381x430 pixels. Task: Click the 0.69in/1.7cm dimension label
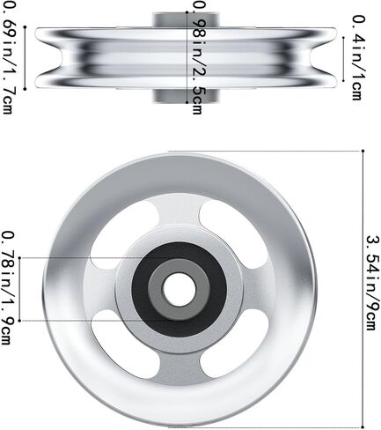click(8, 56)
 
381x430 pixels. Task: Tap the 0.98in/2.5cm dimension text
click(200, 56)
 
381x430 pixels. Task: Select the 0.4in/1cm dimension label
click(359, 58)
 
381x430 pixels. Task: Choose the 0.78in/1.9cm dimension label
click(7, 288)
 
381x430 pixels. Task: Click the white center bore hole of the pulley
click(180, 289)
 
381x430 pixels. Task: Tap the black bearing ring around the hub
click(180, 289)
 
